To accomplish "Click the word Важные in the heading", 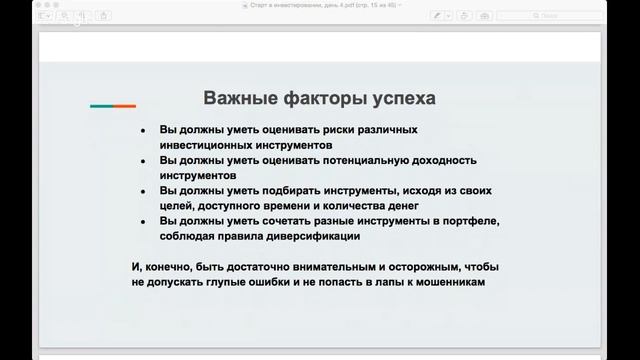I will (235, 98).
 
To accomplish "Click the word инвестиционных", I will (204, 145).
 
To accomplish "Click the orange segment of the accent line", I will (125, 105).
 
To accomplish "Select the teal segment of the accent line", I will (101, 105).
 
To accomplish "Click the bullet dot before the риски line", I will (143, 132).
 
